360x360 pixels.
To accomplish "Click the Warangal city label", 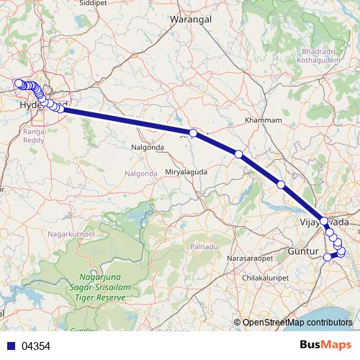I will point(189,19).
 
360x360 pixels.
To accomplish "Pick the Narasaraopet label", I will point(251,257).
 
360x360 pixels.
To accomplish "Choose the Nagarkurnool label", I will point(70,234).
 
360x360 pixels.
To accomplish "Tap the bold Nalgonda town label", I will point(148,148).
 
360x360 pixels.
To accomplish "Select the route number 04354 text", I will point(36,346).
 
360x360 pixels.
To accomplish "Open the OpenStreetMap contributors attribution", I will point(297,323).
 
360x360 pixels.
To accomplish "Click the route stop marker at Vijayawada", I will point(324,221).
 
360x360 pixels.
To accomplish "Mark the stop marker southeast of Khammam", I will point(281,185).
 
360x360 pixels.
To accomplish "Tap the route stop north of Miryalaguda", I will point(193,132).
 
